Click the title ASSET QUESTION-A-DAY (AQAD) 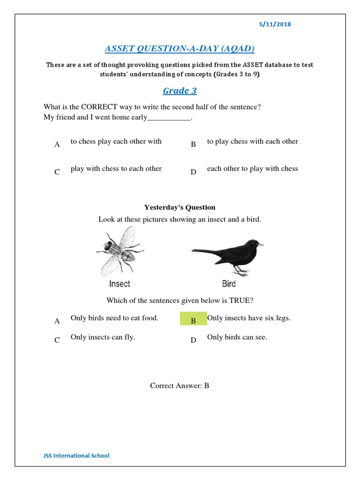tap(180, 49)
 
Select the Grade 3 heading tap(180, 90)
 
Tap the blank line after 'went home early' tap(169, 118)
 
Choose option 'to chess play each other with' tap(116, 142)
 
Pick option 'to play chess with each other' tap(252, 142)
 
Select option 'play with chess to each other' tap(116, 169)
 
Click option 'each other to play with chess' tap(252, 169)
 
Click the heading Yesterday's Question tap(180, 207)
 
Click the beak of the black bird tap(260, 244)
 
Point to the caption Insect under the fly tap(120, 284)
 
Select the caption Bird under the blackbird tap(229, 284)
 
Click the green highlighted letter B tap(193, 321)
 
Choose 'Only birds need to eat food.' tap(114, 318)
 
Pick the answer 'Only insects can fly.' tap(103, 337)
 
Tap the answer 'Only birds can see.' tap(237, 337)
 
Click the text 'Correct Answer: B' tap(180, 386)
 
